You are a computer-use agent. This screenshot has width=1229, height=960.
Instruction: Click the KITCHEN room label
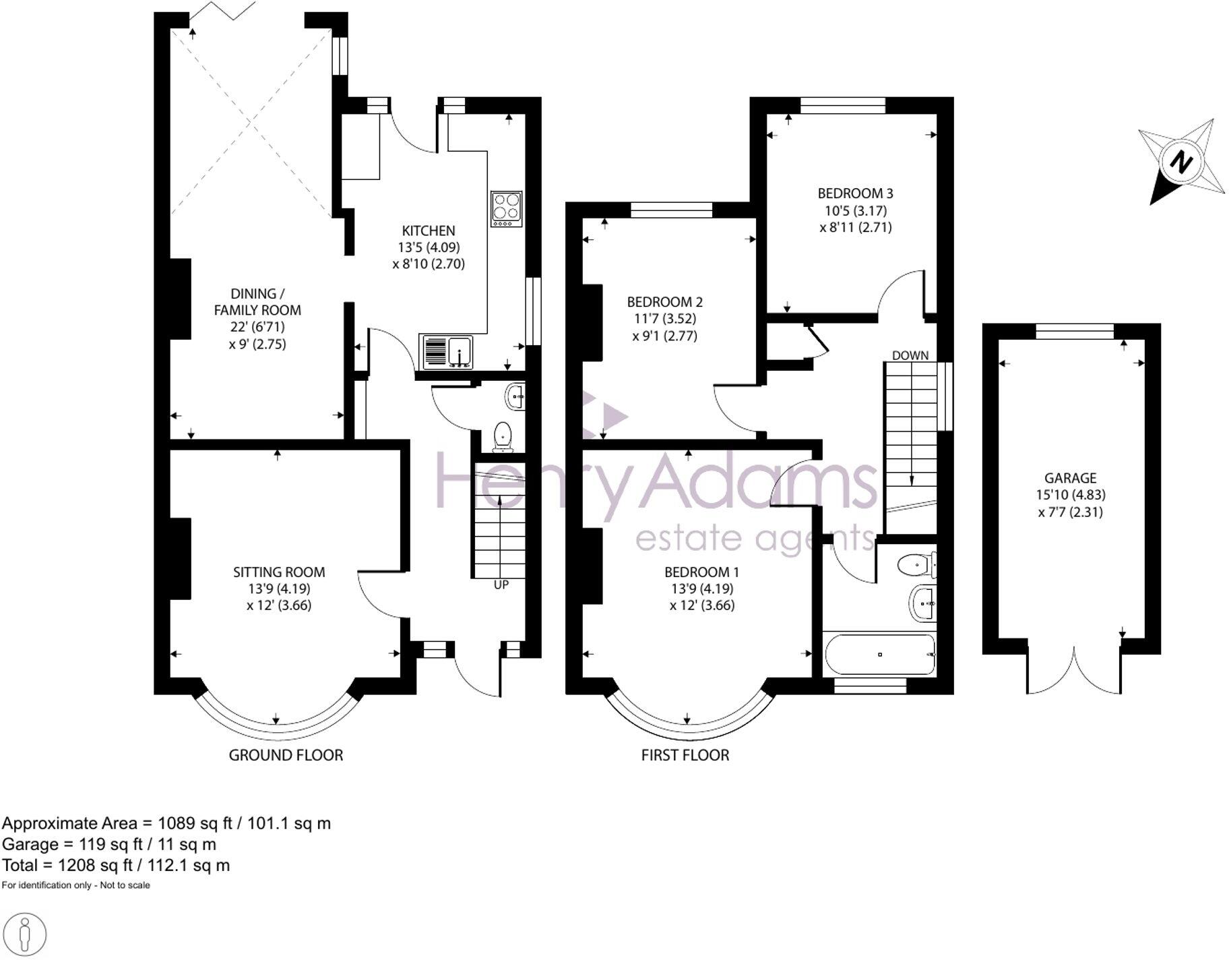tap(429, 231)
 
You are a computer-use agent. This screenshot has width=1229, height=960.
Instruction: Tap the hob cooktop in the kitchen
tap(507, 209)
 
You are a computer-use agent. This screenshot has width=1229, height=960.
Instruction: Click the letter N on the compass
tap(1181, 162)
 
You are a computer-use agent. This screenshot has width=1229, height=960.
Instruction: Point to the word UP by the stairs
tap(501, 585)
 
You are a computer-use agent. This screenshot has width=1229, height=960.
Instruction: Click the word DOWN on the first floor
tap(910, 355)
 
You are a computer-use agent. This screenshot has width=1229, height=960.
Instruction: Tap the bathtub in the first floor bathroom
tap(879, 654)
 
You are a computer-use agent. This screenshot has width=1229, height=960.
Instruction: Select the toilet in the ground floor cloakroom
tap(503, 436)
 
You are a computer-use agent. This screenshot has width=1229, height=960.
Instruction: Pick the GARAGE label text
tap(1070, 478)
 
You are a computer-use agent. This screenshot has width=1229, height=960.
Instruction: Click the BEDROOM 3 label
tap(855, 193)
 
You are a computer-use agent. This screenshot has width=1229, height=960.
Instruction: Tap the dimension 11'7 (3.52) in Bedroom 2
tap(664, 319)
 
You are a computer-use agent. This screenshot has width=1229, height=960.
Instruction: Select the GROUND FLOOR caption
tap(286, 755)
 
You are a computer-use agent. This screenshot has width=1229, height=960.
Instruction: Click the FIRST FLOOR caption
tap(685, 755)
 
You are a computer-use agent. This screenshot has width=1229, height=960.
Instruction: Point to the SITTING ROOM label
tap(279, 572)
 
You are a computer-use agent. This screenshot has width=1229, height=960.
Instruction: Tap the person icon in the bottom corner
tap(26, 935)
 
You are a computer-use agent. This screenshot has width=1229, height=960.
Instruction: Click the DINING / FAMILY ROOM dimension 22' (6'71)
tap(257, 327)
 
